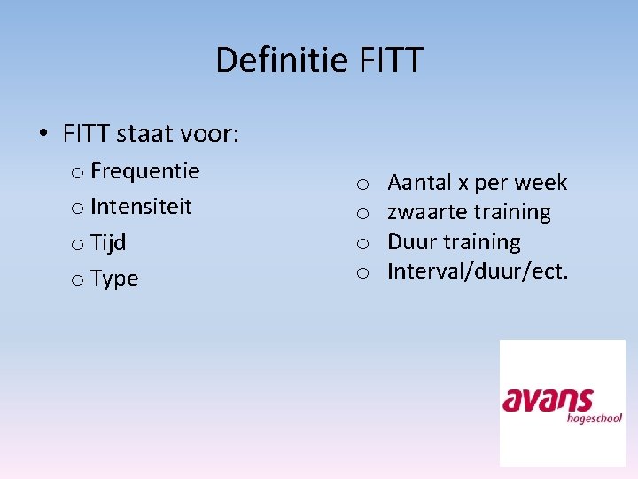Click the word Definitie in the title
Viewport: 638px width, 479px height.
pyautogui.click(x=284, y=60)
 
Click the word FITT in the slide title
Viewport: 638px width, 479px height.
pyautogui.click(x=392, y=60)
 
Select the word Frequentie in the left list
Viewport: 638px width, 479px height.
pyautogui.click(x=144, y=170)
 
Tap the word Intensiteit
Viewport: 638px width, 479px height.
pyautogui.click(x=141, y=207)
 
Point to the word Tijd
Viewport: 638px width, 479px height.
pyautogui.click(x=108, y=242)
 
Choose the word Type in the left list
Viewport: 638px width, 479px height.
pyautogui.click(x=114, y=279)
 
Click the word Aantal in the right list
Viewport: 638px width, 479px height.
pyautogui.click(x=419, y=183)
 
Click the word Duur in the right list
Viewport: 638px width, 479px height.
pyautogui.click(x=411, y=241)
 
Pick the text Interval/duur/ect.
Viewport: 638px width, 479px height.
pyautogui.click(x=478, y=271)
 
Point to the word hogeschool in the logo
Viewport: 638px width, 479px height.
pyautogui.click(x=595, y=418)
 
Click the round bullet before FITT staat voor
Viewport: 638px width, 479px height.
pyautogui.click(x=43, y=135)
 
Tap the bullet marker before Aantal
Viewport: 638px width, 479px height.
pyautogui.click(x=362, y=185)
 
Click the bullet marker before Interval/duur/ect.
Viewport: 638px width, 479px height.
pyautogui.click(x=362, y=272)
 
